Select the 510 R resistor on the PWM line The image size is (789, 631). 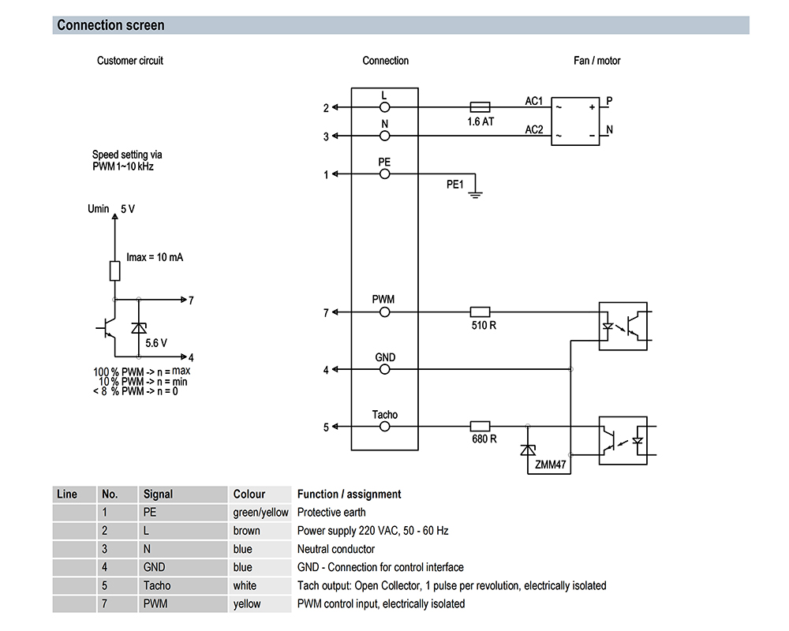coord(480,312)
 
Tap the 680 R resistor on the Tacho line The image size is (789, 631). coord(480,427)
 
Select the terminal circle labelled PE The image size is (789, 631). coord(384,174)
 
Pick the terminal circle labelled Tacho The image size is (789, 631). coord(384,427)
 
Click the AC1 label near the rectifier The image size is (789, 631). coord(534,101)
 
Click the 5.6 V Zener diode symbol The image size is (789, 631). coord(139,327)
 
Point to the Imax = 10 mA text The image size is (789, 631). coord(155,258)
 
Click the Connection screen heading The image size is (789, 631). coord(110,25)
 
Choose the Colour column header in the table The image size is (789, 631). coord(249,495)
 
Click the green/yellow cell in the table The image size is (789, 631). coord(260,513)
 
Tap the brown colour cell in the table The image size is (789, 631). coord(246,531)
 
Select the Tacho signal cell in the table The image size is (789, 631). coord(157,585)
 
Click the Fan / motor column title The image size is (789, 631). coord(597,61)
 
